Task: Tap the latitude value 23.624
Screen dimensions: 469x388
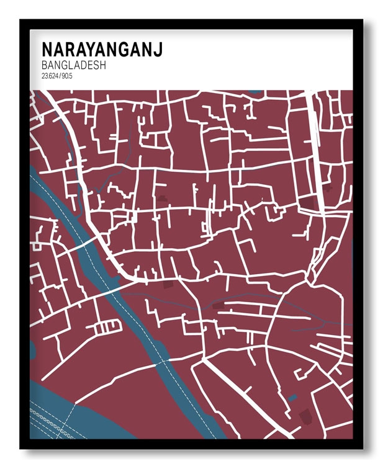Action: (x=50, y=76)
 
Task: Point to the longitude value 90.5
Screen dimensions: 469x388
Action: (x=67, y=76)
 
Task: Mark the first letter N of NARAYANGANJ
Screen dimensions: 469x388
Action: (x=47, y=50)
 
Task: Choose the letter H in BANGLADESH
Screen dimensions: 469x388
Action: (x=102, y=65)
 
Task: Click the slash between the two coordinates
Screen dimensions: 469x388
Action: (x=60, y=76)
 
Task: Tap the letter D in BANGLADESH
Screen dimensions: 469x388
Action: (x=81, y=65)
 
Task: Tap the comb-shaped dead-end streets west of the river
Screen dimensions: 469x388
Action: (x=109, y=325)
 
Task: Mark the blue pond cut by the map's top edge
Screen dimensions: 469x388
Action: (x=255, y=92)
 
